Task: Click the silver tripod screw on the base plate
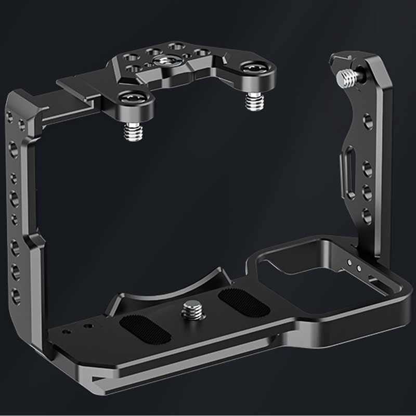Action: (x=188, y=313)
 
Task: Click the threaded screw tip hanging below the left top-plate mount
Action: (x=131, y=132)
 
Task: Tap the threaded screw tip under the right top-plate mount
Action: (x=253, y=101)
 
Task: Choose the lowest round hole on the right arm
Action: (x=367, y=215)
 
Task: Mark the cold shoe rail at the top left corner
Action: (x=78, y=83)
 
